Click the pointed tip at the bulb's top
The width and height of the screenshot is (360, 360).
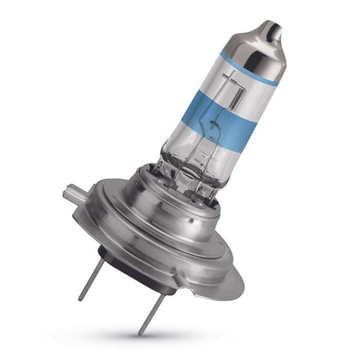[x=276, y=30]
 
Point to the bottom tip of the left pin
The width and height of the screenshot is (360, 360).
[x=81, y=298]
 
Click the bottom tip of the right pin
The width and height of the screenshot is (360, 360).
[x=141, y=333]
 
